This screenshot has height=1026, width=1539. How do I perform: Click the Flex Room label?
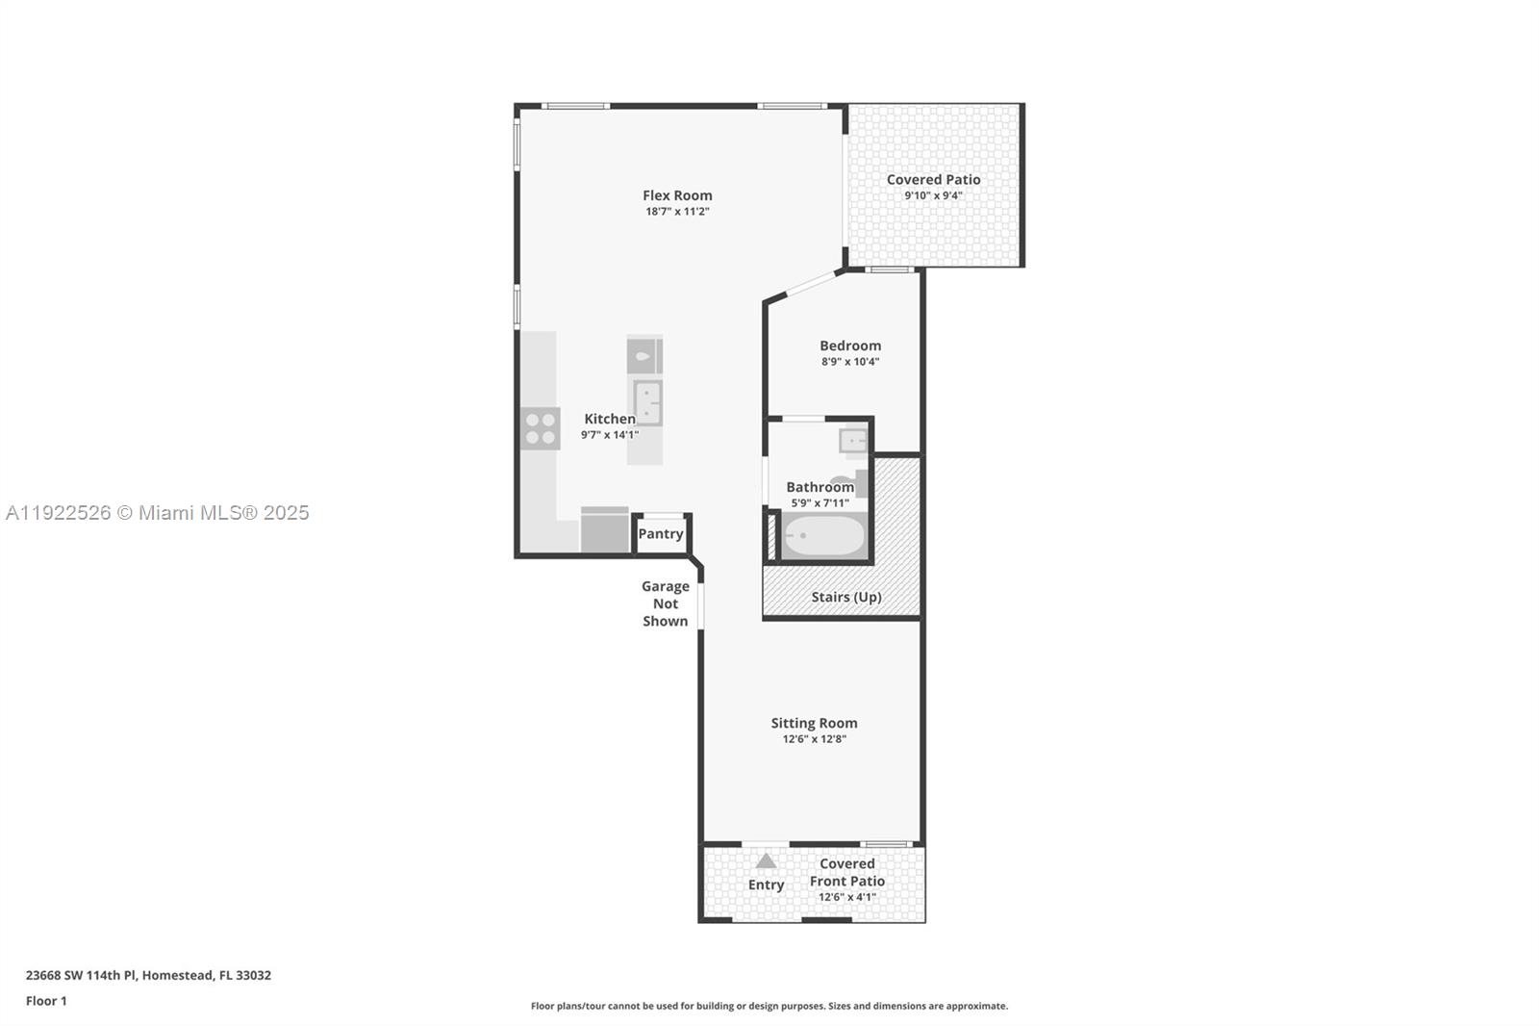(677, 195)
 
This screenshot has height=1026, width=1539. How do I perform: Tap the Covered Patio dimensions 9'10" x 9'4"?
(933, 196)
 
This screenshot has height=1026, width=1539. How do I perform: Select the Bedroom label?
(850, 346)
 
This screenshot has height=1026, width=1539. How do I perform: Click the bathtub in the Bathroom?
(824, 536)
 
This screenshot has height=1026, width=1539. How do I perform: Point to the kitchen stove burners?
(541, 428)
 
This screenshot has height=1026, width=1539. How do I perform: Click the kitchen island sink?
(647, 401)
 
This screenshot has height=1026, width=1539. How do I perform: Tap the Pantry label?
(661, 534)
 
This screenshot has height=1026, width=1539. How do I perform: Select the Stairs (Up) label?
(845, 597)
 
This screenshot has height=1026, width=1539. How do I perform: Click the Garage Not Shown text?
(666, 603)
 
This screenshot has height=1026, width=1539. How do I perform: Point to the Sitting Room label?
(814, 723)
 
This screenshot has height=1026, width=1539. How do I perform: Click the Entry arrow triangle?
(766, 861)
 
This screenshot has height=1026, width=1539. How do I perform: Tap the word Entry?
(766, 885)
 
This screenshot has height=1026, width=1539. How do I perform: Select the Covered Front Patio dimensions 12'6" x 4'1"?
(846, 897)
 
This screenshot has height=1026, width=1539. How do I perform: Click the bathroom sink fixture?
(852, 441)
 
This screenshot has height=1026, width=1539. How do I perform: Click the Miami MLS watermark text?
(158, 513)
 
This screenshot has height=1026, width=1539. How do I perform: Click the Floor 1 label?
(46, 1001)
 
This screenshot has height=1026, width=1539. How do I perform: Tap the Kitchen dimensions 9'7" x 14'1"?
(610, 435)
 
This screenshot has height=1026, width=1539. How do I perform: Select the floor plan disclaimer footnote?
(769, 1006)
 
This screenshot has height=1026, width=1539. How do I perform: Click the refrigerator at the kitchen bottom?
(604, 530)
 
